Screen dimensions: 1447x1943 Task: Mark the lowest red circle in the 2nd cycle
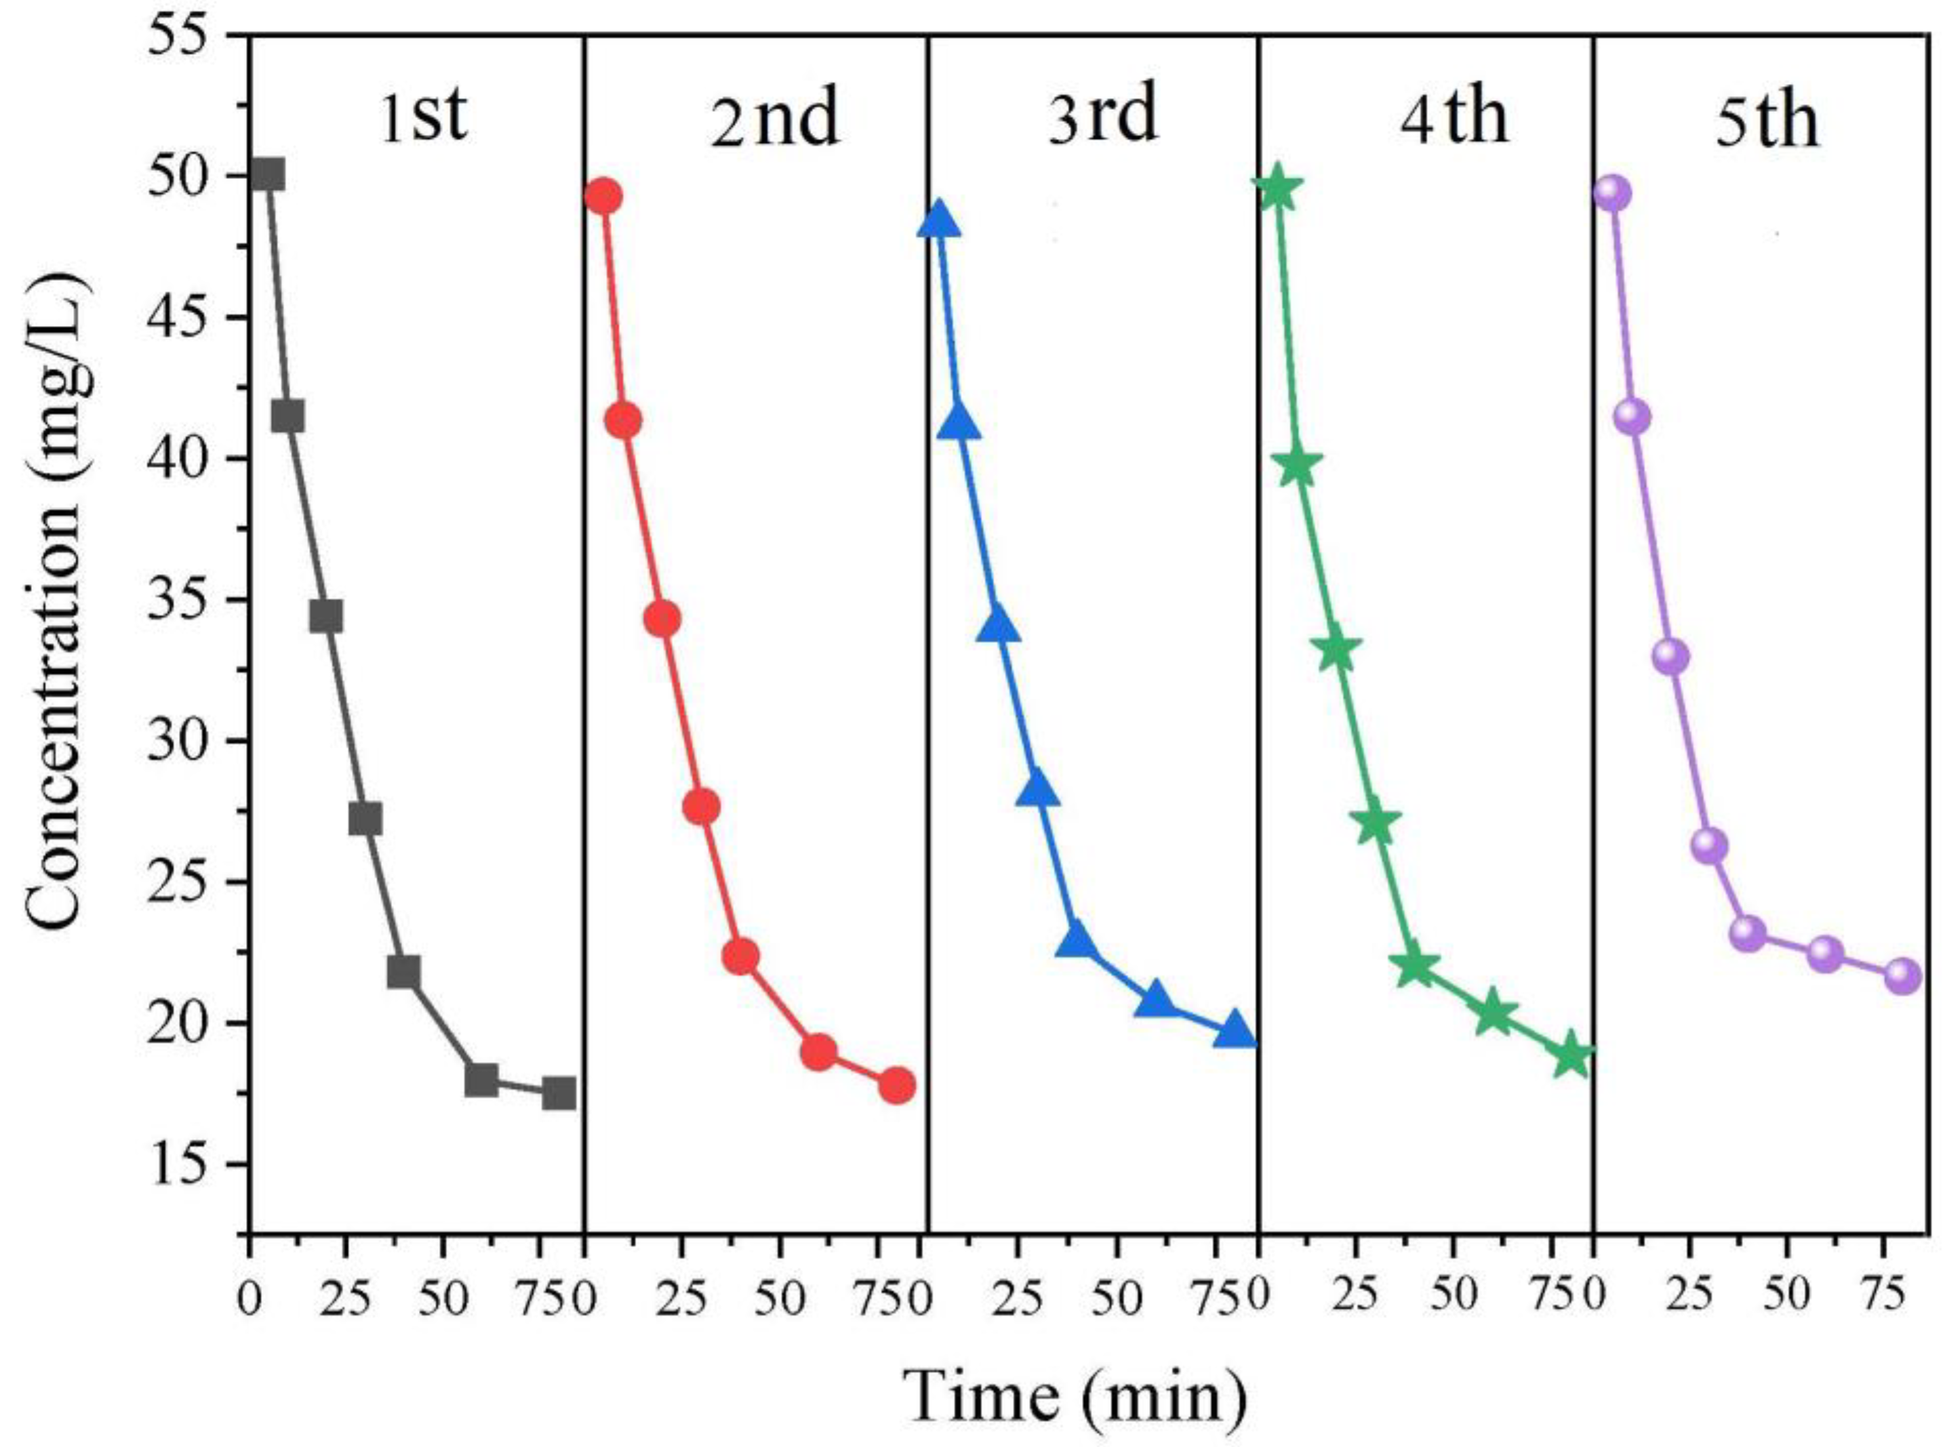pos(896,1086)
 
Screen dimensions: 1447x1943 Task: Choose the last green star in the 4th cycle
pos(1571,1057)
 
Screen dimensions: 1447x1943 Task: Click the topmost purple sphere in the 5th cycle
pos(1612,192)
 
